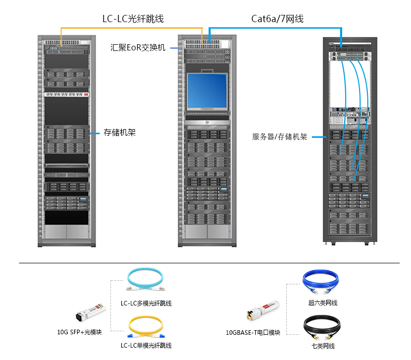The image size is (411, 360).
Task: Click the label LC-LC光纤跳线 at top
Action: tap(133, 19)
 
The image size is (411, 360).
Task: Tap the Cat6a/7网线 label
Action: tap(277, 19)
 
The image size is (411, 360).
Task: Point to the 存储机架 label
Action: tap(120, 133)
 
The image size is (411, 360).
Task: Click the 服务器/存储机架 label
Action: tap(279, 137)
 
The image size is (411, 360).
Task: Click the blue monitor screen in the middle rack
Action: tap(207, 90)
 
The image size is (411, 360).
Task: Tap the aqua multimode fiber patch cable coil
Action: tap(145, 281)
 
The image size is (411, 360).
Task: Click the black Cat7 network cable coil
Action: tap(322, 326)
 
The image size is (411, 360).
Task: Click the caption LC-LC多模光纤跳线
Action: tap(146, 303)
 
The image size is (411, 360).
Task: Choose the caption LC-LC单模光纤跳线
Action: tap(146, 345)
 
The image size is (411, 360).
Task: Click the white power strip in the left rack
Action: tap(66, 95)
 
